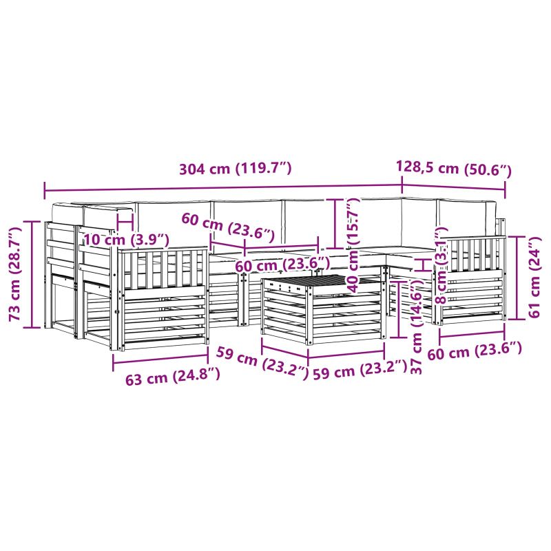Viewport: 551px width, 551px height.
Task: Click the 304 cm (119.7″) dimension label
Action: (235, 169)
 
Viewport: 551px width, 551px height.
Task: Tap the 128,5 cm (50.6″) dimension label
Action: (454, 169)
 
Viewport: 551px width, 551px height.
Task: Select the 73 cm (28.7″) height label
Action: (16, 274)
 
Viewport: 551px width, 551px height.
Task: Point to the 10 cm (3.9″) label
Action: (127, 240)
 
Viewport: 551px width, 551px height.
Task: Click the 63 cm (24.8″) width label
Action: (173, 377)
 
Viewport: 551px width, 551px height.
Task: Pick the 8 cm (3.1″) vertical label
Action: (441, 265)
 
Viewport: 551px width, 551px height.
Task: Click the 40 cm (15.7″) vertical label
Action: (354, 245)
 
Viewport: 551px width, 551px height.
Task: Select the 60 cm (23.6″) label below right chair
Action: (475, 351)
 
